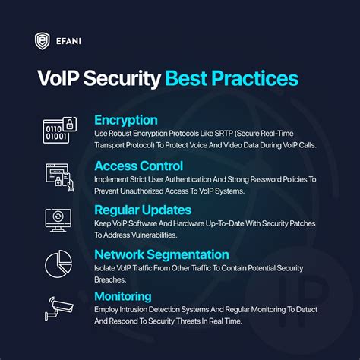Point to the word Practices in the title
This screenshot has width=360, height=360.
pos(256,80)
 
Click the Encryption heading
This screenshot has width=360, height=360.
pos(126,120)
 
